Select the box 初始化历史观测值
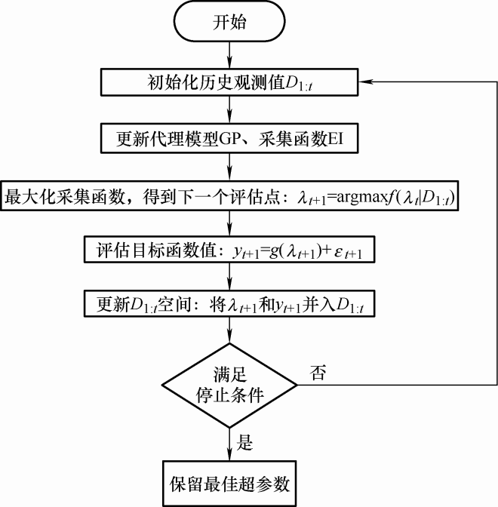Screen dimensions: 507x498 pos(229,81)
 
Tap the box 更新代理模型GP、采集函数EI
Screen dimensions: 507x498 pos(229,138)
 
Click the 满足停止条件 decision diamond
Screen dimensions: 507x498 pos(229,384)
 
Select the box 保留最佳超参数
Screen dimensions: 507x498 pos(229,481)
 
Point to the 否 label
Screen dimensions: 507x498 pos(318,373)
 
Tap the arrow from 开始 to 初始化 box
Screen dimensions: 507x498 pos(229,54)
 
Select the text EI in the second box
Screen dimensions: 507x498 pos(340,138)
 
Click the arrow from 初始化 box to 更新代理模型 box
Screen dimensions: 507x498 pos(229,110)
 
